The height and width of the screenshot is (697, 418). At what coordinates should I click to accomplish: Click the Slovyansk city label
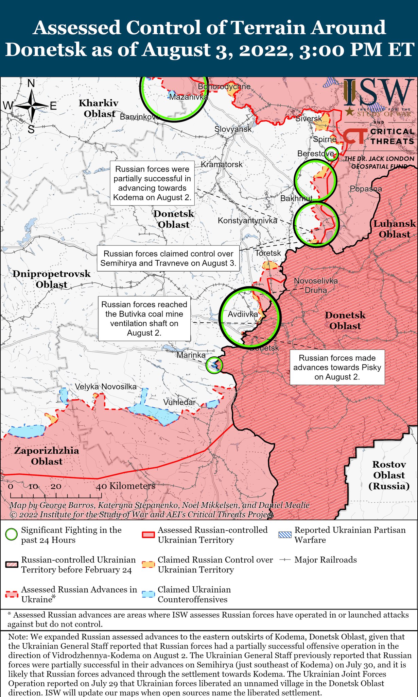233,129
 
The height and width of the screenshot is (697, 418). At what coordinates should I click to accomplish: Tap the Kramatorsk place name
222,164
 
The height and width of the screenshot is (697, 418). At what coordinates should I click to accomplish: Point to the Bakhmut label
296,198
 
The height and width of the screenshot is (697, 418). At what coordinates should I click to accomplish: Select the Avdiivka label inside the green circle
243,314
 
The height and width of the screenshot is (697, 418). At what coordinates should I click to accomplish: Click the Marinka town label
191,355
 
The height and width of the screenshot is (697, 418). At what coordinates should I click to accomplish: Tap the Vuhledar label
179,402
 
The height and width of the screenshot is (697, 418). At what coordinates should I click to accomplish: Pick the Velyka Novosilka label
106,386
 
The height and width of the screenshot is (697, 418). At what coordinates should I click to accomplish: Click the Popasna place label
366,189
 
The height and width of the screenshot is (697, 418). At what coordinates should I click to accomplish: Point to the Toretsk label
268,253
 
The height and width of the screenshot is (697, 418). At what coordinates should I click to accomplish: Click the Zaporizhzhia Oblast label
47,456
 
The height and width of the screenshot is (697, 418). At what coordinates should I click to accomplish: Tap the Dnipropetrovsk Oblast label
52,279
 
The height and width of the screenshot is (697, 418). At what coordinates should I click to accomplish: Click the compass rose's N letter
31,83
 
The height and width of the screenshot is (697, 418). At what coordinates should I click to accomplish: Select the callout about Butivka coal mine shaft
144,319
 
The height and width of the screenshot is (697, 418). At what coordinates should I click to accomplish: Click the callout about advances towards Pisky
337,367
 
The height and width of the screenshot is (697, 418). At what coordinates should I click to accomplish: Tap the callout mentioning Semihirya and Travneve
168,258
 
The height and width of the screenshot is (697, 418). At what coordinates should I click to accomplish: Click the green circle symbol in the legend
11,535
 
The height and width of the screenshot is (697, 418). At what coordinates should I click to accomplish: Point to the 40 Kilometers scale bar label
126,486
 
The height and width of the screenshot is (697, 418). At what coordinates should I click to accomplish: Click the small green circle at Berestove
331,153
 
